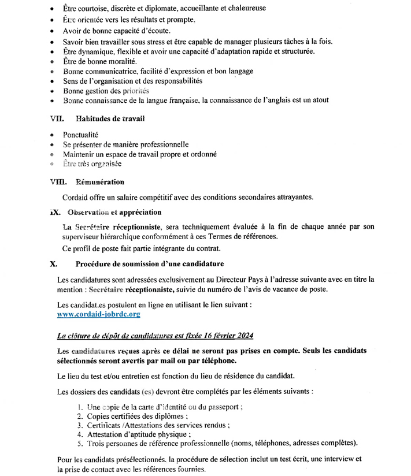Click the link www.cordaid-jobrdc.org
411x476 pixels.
coord(99,314)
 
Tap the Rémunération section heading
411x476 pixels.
coord(100,182)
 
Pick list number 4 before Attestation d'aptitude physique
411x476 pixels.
coord(80,434)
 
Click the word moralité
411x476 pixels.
coord(119,62)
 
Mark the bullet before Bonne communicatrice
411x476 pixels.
coord(53,72)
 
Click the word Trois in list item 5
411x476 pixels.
coord(97,444)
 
